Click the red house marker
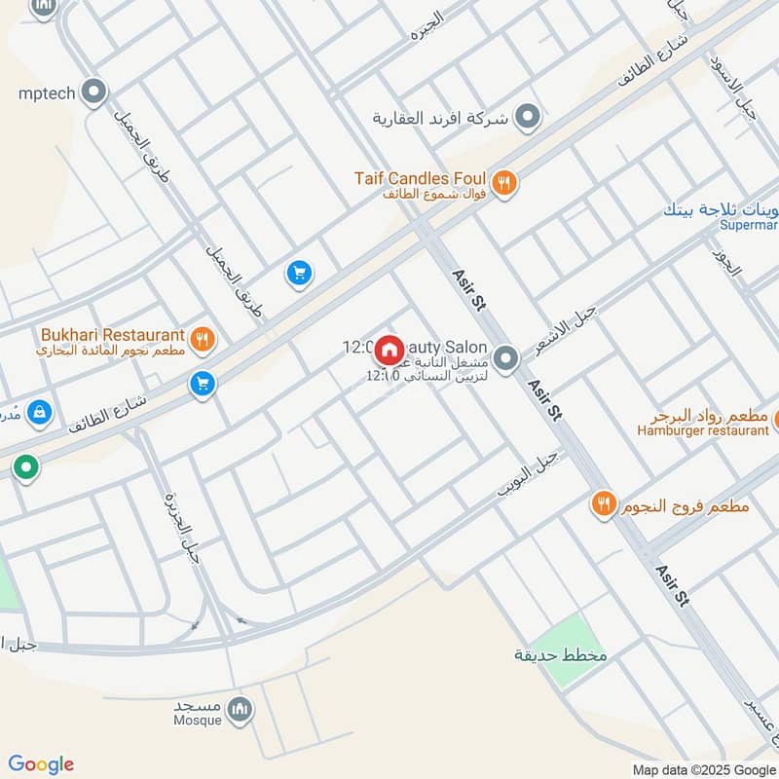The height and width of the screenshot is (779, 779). coord(389,349)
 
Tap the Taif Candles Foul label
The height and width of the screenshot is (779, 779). coord(420,179)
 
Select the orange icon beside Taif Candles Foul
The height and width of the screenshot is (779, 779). coord(503,183)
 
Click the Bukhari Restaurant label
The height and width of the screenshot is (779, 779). coord(112,334)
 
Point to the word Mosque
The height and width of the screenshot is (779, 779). coord(197,721)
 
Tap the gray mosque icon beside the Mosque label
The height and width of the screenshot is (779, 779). coord(240,711)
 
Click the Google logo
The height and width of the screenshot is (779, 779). coord(41,764)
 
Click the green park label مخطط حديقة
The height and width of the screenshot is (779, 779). coord(561,655)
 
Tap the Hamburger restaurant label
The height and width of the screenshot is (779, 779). coord(703,430)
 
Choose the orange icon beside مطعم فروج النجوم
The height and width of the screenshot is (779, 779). coord(604,504)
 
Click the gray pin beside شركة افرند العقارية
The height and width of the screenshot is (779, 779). coord(528,118)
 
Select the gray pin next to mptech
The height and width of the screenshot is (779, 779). coord(94,93)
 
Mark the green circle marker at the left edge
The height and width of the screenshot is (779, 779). coord(26,467)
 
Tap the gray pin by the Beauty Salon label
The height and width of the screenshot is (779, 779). coord(505,359)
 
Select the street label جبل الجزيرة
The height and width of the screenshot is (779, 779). coord(184,526)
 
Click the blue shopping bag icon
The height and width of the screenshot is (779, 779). coord(40,412)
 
